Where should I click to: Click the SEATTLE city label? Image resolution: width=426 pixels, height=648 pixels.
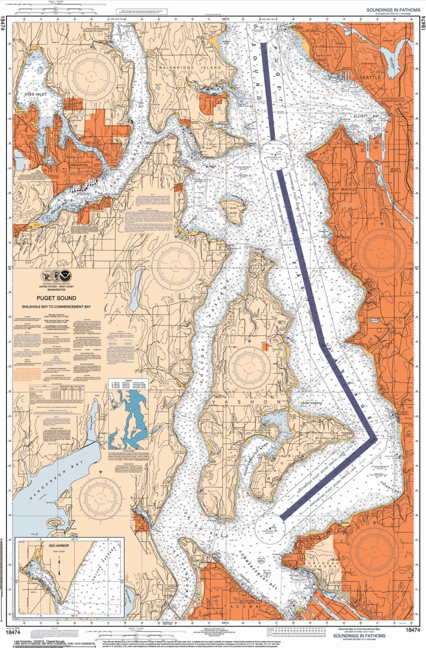pos(370,77)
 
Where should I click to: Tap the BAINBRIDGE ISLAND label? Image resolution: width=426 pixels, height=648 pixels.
pos(190,68)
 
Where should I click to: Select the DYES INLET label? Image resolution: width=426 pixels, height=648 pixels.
pos(36,94)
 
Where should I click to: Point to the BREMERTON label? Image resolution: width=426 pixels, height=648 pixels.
pos(78,165)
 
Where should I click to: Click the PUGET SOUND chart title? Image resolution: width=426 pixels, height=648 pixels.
pos(56,298)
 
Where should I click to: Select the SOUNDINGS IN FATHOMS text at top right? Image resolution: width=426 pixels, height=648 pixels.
pos(393,10)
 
